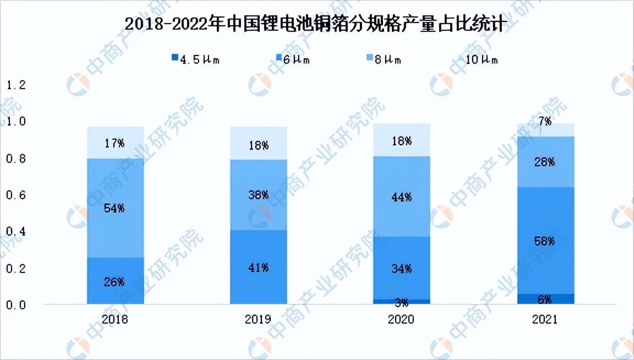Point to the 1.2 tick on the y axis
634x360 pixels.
point(15,85)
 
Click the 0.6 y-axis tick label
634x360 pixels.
point(15,195)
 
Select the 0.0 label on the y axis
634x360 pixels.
point(15,304)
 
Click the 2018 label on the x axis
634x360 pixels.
point(115,320)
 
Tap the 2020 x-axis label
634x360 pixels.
point(401,320)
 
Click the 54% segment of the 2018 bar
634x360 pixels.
point(115,208)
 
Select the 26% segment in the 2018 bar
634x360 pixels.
point(115,281)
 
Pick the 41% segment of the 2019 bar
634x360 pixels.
point(258,267)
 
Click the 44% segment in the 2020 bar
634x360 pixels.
point(401,197)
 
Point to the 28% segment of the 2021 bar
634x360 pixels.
point(544,162)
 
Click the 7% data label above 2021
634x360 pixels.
point(544,122)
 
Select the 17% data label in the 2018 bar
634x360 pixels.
point(115,144)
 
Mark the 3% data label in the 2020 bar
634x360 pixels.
point(401,302)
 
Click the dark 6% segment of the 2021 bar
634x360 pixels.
point(544,299)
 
